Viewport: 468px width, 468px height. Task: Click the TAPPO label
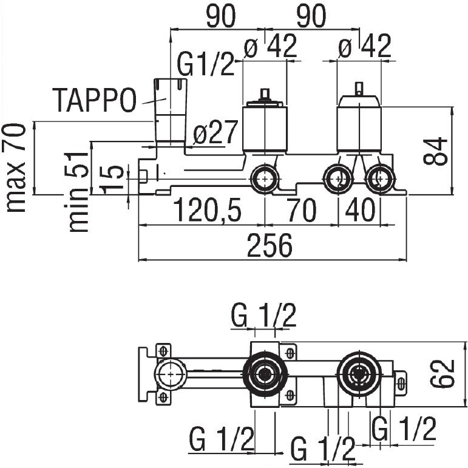[x=94, y=100]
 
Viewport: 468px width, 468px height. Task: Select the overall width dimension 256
[x=270, y=245]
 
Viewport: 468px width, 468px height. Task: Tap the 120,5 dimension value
[x=207, y=210]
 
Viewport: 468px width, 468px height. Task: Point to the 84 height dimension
[x=435, y=151]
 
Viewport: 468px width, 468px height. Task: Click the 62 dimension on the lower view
[x=443, y=374]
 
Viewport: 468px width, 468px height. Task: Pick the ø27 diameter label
[x=215, y=132]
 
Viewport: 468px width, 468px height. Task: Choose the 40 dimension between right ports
[x=360, y=210]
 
